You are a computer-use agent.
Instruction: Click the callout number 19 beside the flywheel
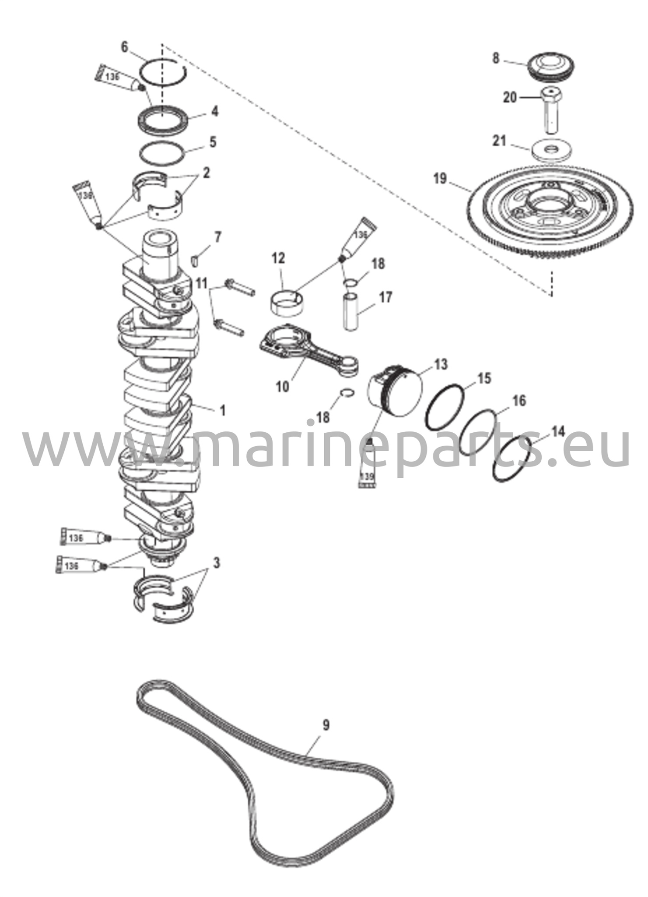click(x=440, y=179)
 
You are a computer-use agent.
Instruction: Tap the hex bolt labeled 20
click(x=550, y=109)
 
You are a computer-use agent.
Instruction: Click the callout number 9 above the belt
click(x=326, y=725)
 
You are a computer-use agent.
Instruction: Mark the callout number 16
click(x=518, y=400)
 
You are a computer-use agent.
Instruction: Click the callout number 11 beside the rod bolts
click(x=201, y=283)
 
